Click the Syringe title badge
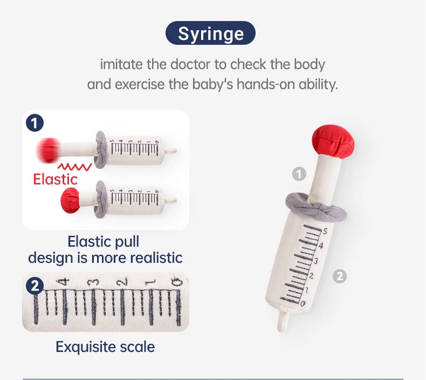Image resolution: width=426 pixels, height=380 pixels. [210, 33]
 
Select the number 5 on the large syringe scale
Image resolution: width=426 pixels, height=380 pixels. [325, 231]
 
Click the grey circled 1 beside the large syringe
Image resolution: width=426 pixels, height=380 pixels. [299, 174]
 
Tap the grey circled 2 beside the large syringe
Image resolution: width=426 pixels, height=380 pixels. [340, 276]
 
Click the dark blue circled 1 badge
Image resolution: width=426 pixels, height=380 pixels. [35, 123]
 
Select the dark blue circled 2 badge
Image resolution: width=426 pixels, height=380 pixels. [35, 286]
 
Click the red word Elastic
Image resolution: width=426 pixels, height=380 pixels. [55, 180]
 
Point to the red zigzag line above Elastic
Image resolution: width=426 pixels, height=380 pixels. [74, 167]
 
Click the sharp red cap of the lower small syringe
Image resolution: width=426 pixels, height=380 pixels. [70, 200]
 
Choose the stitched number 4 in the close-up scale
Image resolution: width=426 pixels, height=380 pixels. [64, 282]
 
